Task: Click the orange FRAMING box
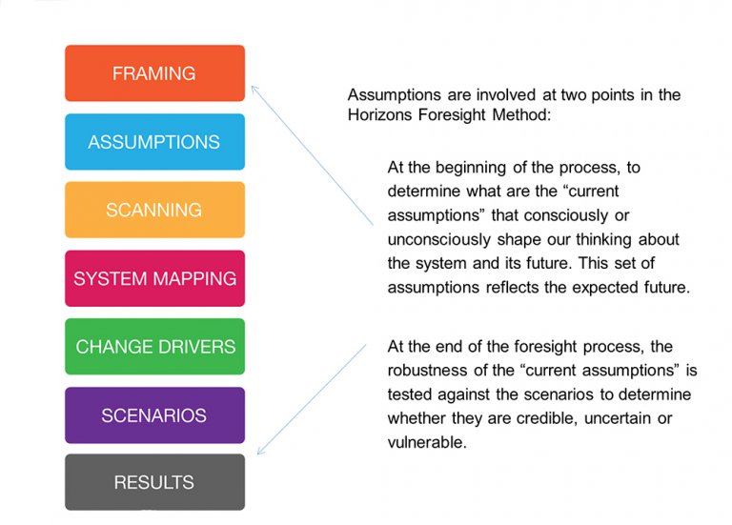click(x=154, y=73)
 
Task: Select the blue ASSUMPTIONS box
click(x=154, y=142)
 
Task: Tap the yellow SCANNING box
click(x=154, y=210)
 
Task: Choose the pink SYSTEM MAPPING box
click(x=154, y=278)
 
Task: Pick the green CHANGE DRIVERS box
click(x=154, y=347)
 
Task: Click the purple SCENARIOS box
click(x=154, y=415)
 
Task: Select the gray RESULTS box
click(x=154, y=482)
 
